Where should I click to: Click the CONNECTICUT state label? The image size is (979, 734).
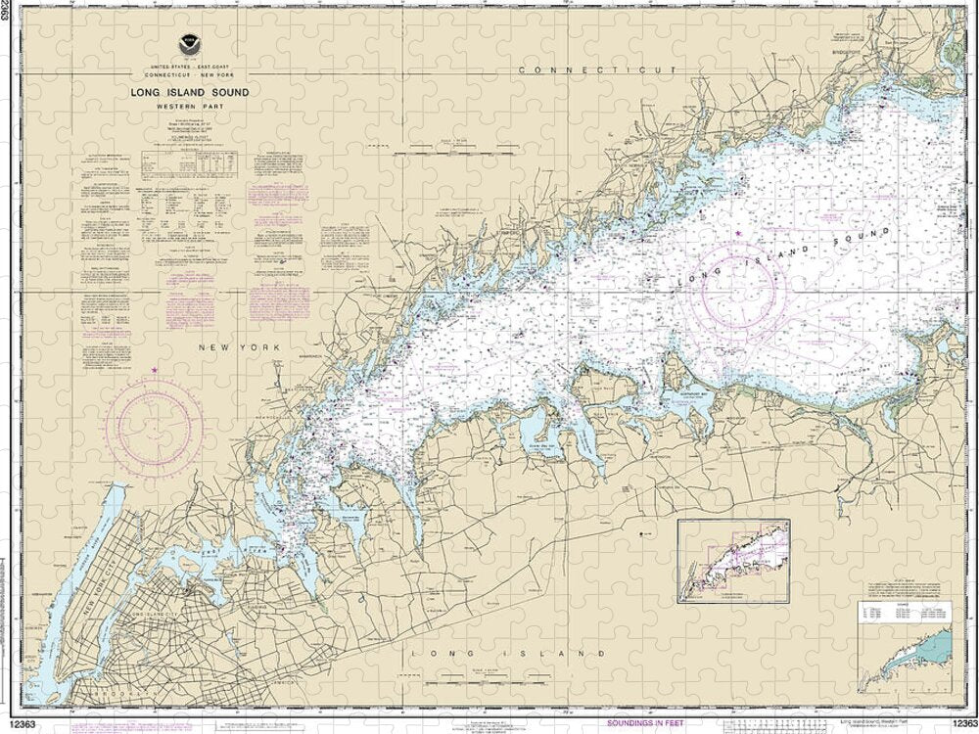point(597,71)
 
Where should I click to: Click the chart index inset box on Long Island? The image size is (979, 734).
point(734,563)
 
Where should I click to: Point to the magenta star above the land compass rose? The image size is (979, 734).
point(155,369)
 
